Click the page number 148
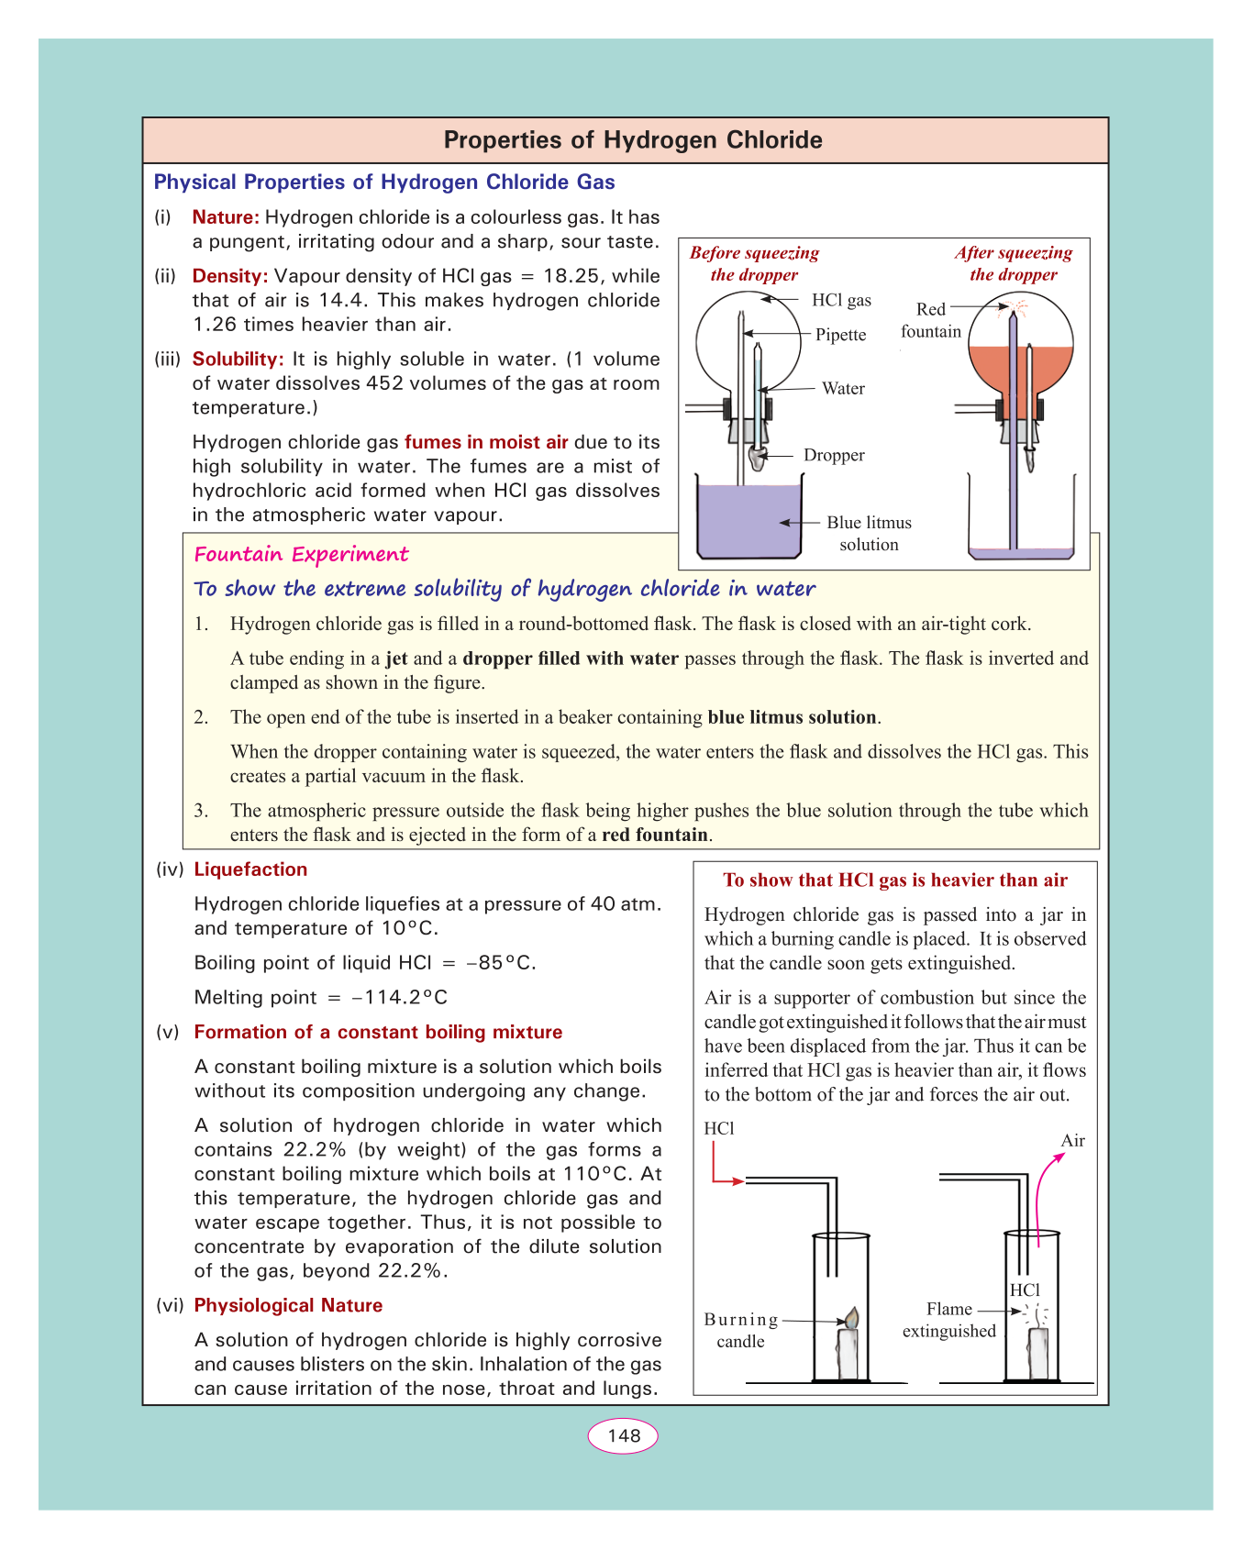coord(624,1435)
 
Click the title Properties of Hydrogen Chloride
coord(633,140)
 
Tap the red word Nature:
coord(226,217)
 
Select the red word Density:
coord(229,276)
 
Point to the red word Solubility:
coord(238,360)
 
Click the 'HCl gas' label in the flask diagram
coord(841,300)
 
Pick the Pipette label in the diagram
coord(840,335)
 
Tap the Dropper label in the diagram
coord(834,455)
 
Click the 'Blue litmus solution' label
coord(869,533)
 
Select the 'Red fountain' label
coord(931,320)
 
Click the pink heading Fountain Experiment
coord(301,554)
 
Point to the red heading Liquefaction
coord(250,869)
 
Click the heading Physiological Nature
coord(288,1305)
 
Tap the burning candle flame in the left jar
coord(851,1318)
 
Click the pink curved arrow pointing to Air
coord(1043,1192)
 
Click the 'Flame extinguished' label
coord(948,1320)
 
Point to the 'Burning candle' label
coord(741,1330)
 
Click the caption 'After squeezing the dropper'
coord(1013,263)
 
